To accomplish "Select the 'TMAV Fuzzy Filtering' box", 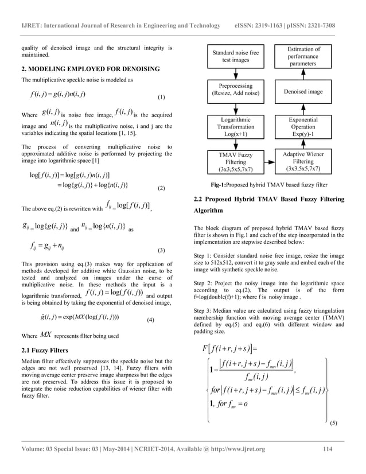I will coord(235,162).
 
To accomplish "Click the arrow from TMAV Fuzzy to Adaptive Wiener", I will coord(268,162).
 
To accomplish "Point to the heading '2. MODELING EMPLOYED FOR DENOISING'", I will coord(90,69).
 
